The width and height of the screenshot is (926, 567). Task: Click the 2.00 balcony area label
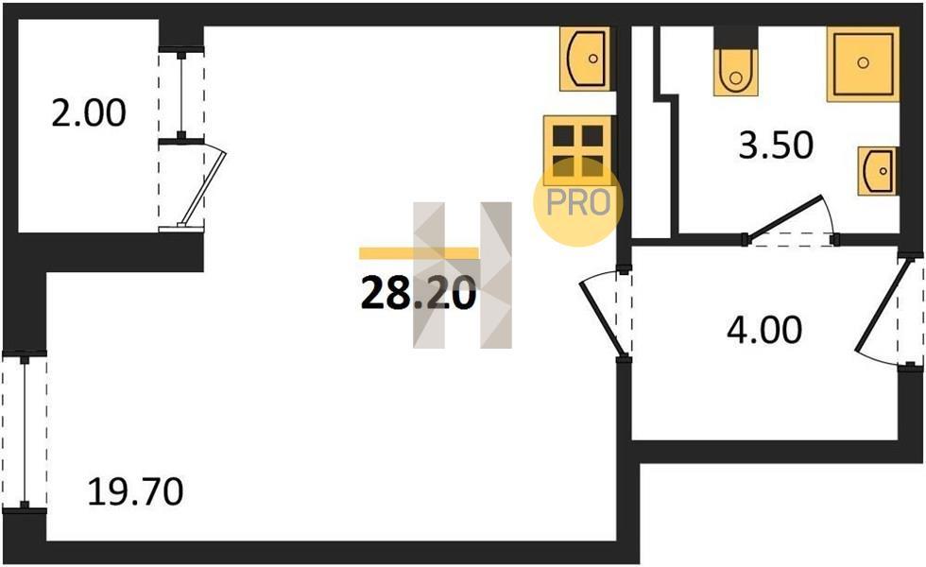point(89,113)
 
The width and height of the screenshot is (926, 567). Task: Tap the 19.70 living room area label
point(135,492)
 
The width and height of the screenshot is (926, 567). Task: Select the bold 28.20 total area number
point(418,294)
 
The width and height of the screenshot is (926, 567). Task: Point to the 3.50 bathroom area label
point(776,146)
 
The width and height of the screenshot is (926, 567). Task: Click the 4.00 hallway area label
point(764,330)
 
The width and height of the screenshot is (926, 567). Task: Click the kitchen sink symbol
point(585,59)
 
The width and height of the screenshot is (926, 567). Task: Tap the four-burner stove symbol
point(577,150)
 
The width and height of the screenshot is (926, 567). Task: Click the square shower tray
point(863,64)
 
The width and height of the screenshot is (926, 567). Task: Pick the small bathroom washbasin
point(878,171)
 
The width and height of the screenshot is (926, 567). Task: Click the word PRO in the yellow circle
point(577,203)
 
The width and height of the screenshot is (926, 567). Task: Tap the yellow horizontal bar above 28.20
point(419,253)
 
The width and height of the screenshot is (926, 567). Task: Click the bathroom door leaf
point(783,217)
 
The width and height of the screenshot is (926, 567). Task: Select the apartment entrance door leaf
point(884,306)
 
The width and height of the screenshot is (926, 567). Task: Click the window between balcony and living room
point(181,95)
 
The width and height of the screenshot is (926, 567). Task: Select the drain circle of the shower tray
point(863,62)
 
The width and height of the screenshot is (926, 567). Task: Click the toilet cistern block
point(735,37)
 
